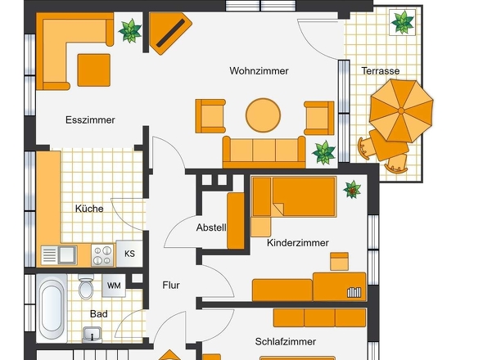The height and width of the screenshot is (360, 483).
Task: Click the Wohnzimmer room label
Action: [259, 71]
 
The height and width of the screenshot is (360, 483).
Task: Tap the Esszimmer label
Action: [90, 119]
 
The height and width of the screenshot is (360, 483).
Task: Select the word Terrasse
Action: [381, 71]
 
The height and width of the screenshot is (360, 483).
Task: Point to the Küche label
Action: [89, 209]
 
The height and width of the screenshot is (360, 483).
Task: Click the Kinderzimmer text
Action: [298, 243]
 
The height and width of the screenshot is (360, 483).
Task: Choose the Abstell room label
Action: [211, 227]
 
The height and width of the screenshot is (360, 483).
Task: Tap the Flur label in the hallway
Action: [171, 286]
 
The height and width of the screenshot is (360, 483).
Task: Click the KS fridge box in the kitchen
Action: [129, 254]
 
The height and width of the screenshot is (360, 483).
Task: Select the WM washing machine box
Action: [114, 286]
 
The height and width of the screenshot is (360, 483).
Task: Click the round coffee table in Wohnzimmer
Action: [263, 115]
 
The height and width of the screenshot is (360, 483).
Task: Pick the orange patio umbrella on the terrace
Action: [401, 110]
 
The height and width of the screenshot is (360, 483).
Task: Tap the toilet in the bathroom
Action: [86, 287]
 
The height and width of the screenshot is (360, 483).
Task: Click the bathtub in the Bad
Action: [52, 308]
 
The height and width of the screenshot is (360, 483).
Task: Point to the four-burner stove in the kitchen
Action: [102, 255]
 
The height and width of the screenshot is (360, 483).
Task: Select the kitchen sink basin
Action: [67, 254]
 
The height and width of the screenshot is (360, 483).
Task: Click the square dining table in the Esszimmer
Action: [94, 70]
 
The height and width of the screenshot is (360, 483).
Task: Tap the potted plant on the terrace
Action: [402, 22]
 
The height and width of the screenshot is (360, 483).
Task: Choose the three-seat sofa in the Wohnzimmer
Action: [264, 152]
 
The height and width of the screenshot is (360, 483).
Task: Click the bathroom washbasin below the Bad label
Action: [93, 334]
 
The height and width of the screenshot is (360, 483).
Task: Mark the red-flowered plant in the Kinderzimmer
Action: [352, 189]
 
